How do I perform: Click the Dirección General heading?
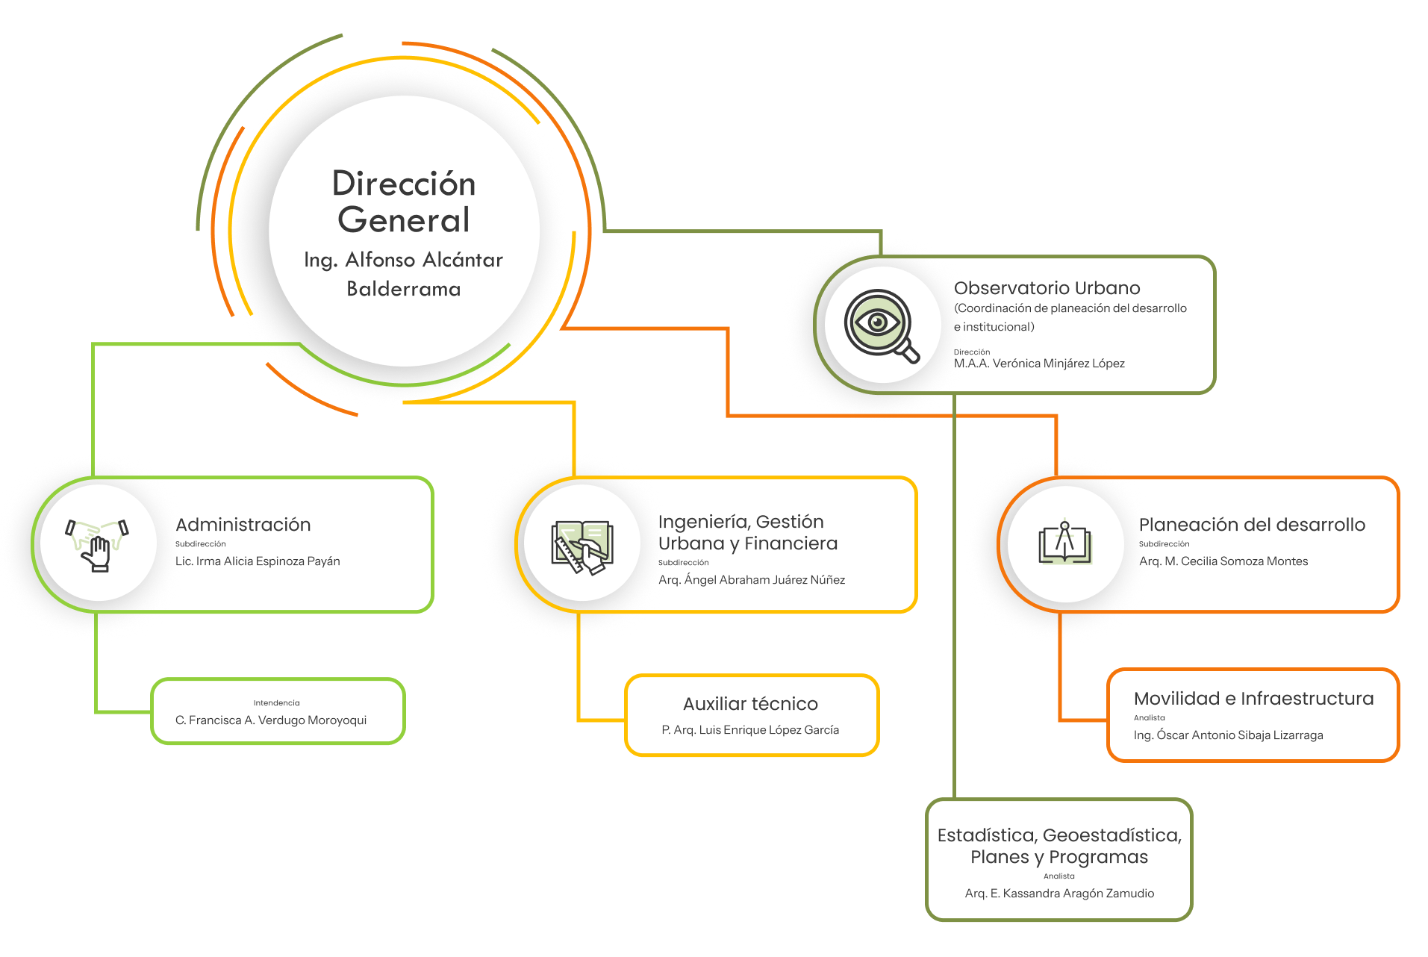404,202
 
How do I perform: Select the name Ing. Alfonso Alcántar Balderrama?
404,273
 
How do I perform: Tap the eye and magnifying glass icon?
882,325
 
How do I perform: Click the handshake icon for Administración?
98,543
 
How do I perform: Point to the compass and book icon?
1065,543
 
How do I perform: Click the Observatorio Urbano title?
1048,288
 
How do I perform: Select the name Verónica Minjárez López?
1045,364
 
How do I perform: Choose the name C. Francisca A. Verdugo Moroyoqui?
271,720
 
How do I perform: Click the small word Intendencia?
276,703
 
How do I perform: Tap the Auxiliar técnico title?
750,704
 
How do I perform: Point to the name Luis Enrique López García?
751,730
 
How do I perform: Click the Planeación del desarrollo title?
1254,525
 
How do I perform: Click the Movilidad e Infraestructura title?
1253,699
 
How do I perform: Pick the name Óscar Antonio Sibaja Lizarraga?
1229,735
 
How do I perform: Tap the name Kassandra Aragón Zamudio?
1060,894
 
